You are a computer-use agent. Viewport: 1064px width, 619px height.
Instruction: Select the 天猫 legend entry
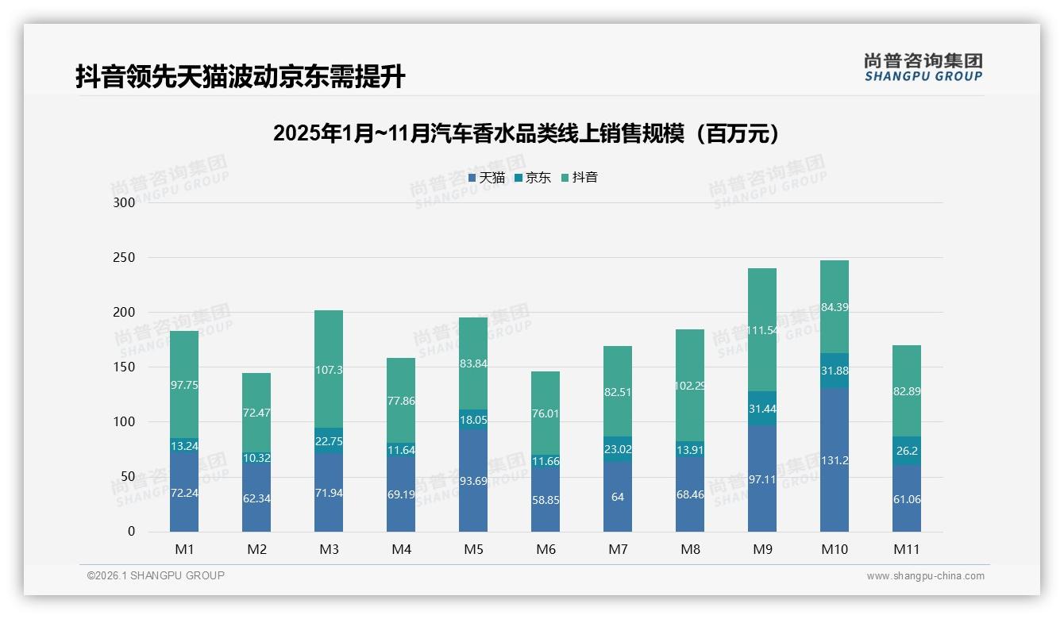(486, 177)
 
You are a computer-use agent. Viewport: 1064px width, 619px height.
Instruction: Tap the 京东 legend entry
(533, 177)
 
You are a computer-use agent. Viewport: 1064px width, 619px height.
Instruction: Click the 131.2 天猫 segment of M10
(835, 459)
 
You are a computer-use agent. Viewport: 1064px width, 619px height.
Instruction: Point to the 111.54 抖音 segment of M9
(762, 329)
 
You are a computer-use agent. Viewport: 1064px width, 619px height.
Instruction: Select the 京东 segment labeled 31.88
(835, 371)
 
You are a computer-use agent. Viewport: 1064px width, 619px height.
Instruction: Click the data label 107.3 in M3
(329, 370)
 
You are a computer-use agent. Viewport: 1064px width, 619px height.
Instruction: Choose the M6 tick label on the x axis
(545, 549)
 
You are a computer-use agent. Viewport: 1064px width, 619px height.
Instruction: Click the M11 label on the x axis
(907, 549)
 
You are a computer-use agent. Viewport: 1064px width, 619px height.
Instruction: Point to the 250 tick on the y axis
(125, 258)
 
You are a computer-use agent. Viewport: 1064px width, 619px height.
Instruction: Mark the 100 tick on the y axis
(125, 422)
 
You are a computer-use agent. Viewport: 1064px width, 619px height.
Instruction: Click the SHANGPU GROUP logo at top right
(923, 67)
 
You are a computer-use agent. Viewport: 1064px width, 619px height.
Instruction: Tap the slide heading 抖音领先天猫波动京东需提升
(241, 77)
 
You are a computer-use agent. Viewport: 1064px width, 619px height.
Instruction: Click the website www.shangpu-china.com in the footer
(925, 576)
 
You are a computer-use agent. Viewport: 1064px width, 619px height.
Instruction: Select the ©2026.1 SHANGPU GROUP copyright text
(156, 575)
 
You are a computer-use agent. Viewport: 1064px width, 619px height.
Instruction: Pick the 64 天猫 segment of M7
(618, 497)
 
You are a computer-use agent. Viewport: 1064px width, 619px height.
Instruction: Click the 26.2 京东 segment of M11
(907, 451)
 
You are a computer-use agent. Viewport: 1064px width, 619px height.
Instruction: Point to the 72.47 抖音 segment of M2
(256, 413)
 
